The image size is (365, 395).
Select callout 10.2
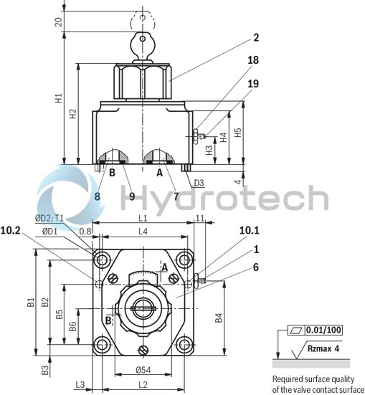click(x=10, y=231)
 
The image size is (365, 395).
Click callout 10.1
click(x=249, y=230)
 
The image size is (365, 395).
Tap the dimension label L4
click(x=143, y=231)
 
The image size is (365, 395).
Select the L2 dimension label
click(x=143, y=386)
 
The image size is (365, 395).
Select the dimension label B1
click(x=31, y=303)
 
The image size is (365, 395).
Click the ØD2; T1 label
click(x=49, y=219)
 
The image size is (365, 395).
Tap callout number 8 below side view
click(x=97, y=195)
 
